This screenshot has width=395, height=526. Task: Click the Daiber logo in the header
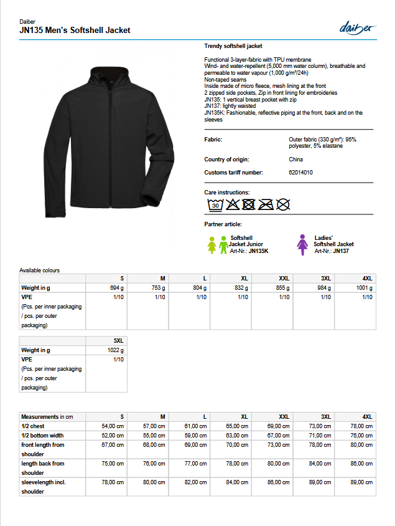point(358,27)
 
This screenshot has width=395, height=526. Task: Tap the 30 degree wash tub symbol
point(215,204)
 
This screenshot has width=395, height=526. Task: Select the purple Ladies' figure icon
point(303,244)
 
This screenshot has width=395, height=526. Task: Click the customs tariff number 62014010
point(301,172)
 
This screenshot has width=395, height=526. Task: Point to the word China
point(296,160)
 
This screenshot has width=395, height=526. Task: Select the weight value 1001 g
point(364,288)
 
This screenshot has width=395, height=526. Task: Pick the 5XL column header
point(118,340)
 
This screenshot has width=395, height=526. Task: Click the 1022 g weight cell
point(115,350)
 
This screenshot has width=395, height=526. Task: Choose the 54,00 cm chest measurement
point(113,426)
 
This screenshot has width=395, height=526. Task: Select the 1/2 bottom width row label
point(42,436)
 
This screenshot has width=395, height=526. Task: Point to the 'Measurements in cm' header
point(47,416)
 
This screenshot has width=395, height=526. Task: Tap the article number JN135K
point(258,251)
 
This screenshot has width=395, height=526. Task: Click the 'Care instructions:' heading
point(227,193)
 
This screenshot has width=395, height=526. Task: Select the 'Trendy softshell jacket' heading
point(233,46)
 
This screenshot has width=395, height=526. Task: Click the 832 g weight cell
point(239,288)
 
